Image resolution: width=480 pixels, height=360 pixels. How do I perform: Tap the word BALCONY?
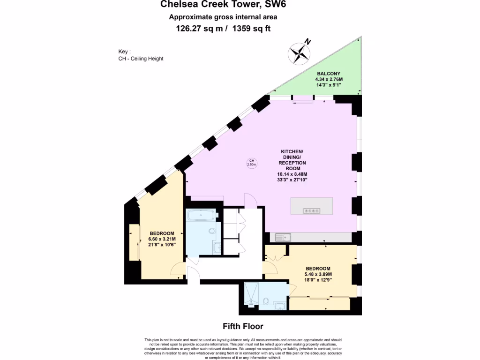point(328,74)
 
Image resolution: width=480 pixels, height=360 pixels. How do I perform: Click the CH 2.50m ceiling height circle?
point(251,163)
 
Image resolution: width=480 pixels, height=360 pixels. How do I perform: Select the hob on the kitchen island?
point(312,211)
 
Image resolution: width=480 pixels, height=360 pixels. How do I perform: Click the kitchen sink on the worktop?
point(283,237)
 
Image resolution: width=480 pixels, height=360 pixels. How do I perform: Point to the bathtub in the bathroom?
point(201,216)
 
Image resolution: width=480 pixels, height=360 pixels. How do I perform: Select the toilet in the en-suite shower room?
point(266,300)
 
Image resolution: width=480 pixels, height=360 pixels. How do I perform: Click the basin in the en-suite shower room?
point(280,307)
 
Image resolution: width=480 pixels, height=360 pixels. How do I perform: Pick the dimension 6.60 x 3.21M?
point(162,239)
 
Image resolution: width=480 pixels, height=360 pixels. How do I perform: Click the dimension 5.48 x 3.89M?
point(318,275)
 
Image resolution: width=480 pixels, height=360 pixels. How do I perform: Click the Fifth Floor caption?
point(243,326)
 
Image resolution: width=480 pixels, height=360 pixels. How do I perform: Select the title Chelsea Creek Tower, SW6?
point(223,5)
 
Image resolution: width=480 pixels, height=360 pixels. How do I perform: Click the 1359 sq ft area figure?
point(251,29)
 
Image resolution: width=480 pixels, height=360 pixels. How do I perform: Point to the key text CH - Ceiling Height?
point(141,59)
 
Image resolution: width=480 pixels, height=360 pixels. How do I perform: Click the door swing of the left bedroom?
point(178,270)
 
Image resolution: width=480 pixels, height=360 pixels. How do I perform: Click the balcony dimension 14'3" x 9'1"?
point(328,85)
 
